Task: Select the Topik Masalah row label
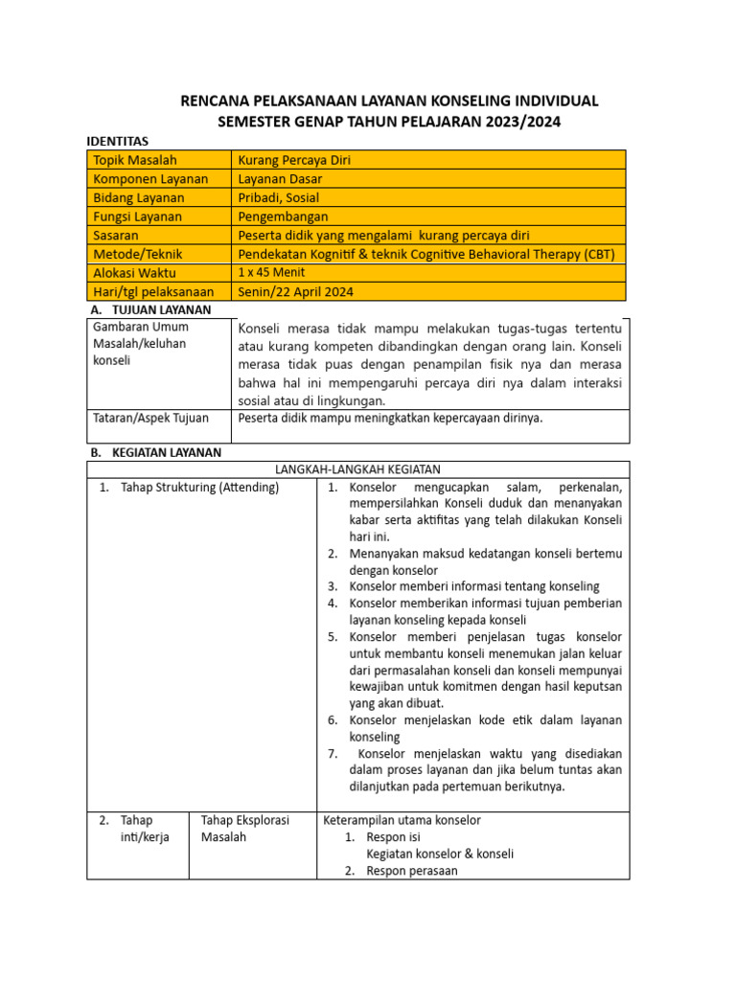pyautogui.click(x=135, y=160)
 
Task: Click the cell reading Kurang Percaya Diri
pyautogui.click(x=294, y=160)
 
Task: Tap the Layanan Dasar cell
pyautogui.click(x=280, y=179)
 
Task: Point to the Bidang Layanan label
pyautogui.click(x=139, y=197)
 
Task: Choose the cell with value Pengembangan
pyautogui.click(x=283, y=217)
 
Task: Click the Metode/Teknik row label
pyautogui.click(x=138, y=254)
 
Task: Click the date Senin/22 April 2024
pyautogui.click(x=296, y=291)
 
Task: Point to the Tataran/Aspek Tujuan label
pyautogui.click(x=151, y=417)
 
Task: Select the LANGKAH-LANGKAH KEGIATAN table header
pyautogui.click(x=357, y=468)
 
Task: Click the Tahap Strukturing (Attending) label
pyautogui.click(x=199, y=488)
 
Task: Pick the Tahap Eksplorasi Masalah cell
pyautogui.click(x=244, y=829)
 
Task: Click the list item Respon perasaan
pyautogui.click(x=412, y=871)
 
